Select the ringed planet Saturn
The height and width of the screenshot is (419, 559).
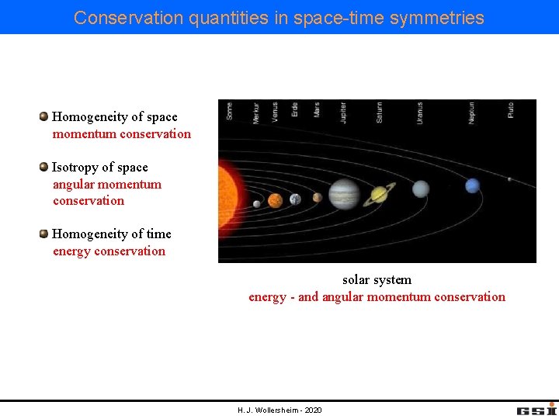click(380, 194)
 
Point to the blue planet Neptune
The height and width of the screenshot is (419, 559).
click(472, 185)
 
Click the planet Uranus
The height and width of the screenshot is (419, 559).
click(420, 189)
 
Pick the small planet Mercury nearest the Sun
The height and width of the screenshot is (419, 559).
click(257, 204)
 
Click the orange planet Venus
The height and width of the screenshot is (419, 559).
click(275, 201)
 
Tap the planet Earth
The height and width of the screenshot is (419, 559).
click(295, 199)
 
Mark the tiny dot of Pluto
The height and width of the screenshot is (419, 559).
click(509, 180)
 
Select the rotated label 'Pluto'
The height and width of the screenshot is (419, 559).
click(510, 110)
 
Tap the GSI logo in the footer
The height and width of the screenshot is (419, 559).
click(536, 409)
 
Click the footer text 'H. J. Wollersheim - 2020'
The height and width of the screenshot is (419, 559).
click(279, 410)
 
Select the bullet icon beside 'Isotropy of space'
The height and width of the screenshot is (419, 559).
click(44, 167)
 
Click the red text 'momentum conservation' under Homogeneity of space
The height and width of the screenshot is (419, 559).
click(121, 133)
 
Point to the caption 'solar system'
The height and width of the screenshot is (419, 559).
click(377, 279)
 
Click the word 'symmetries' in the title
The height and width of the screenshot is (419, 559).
click(436, 17)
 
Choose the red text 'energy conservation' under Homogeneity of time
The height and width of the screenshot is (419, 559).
click(109, 251)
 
